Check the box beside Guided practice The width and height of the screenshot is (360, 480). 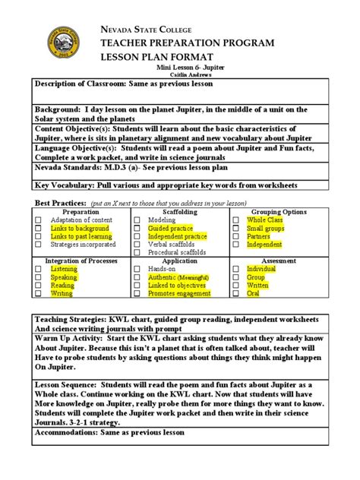[x=139, y=228]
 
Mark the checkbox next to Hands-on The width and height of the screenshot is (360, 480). [x=139, y=269]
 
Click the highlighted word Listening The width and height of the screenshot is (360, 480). [x=64, y=269]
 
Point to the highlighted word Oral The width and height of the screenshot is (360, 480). [x=254, y=293]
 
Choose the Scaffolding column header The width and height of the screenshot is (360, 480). [x=179, y=212]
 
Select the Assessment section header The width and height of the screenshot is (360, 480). [x=278, y=261]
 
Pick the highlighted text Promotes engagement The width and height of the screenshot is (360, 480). [x=179, y=293]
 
